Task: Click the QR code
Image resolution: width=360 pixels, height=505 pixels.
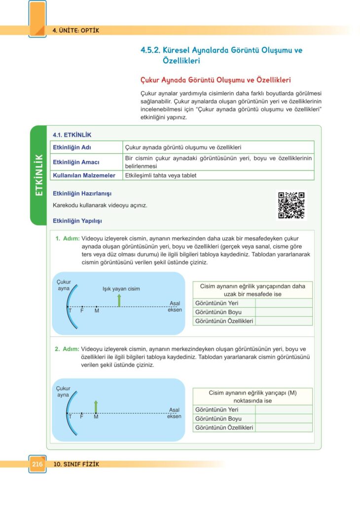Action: (x=291, y=205)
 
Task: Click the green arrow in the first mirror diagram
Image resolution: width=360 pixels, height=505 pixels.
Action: (x=119, y=300)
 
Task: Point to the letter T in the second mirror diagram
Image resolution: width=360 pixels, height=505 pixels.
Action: (x=70, y=417)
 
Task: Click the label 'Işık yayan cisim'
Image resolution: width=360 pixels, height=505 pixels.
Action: (x=121, y=289)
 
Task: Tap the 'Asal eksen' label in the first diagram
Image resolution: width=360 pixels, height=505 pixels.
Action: (x=175, y=306)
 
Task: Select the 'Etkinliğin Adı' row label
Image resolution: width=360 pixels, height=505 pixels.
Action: (x=72, y=147)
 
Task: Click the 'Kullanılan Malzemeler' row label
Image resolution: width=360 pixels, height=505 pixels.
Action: (x=84, y=175)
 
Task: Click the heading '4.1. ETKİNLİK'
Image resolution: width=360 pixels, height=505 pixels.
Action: (x=72, y=135)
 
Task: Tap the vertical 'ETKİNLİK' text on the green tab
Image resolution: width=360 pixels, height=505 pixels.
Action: (x=39, y=176)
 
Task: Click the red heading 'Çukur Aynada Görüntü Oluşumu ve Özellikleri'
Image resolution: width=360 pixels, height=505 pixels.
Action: (x=216, y=80)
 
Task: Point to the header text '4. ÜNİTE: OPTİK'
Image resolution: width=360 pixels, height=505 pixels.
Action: (x=76, y=30)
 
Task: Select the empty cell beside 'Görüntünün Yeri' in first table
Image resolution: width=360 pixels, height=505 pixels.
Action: (x=284, y=303)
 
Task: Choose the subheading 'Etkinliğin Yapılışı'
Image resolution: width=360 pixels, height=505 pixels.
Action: (x=77, y=220)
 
